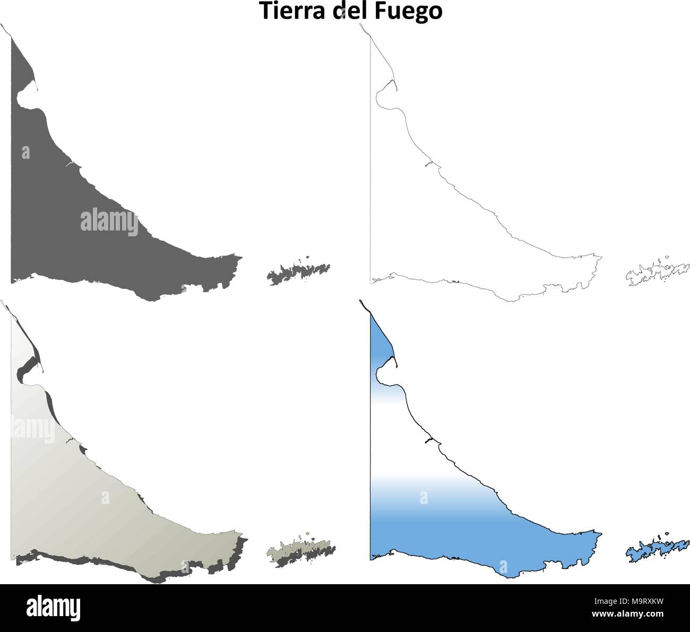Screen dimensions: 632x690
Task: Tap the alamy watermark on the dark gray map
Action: pos(109,223)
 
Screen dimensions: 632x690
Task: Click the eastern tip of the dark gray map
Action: pos(241,259)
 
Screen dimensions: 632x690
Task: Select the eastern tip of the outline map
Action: pos(601,259)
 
